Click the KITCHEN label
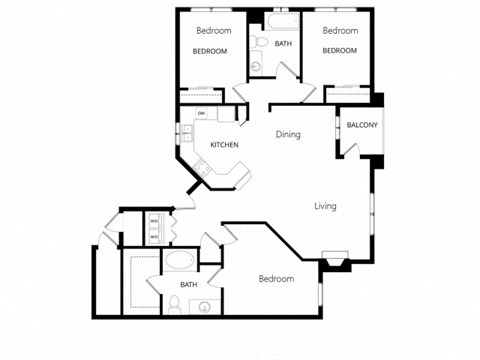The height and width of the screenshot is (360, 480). (x=224, y=146)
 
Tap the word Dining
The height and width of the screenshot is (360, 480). (x=289, y=134)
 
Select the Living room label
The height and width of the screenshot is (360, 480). (x=325, y=207)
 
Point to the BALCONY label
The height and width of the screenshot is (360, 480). (x=361, y=125)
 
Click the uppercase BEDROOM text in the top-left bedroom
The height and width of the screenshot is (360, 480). (x=211, y=51)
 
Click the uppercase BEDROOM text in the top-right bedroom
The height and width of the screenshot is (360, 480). (x=340, y=51)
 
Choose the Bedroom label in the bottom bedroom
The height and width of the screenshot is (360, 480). (x=276, y=279)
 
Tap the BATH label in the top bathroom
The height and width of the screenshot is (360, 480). (x=284, y=44)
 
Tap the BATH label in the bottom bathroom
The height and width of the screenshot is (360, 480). (x=189, y=285)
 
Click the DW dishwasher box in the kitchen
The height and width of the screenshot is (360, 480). (x=201, y=114)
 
